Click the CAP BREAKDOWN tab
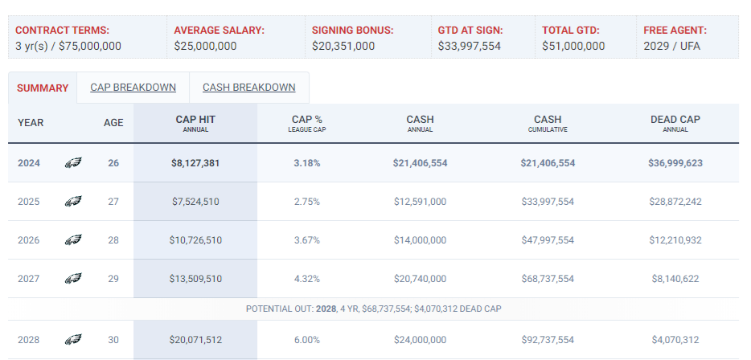coord(133,88)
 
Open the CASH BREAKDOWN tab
coord(249,88)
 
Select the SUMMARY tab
coord(43,88)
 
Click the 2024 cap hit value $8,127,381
coord(195,163)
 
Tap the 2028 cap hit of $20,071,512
coord(195,340)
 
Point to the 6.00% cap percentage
coord(306,340)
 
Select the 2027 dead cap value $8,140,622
coord(675,279)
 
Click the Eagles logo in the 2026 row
coord(73,240)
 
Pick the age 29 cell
coord(113,279)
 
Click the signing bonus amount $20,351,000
coord(343,47)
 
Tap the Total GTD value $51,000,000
coord(573,47)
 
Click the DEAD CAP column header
coord(675,123)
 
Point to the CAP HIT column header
coord(195,123)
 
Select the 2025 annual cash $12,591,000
coord(420,202)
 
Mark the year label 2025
coord(28,202)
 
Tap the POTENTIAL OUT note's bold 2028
coord(326,309)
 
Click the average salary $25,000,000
coord(205,47)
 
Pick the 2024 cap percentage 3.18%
coord(306,163)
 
